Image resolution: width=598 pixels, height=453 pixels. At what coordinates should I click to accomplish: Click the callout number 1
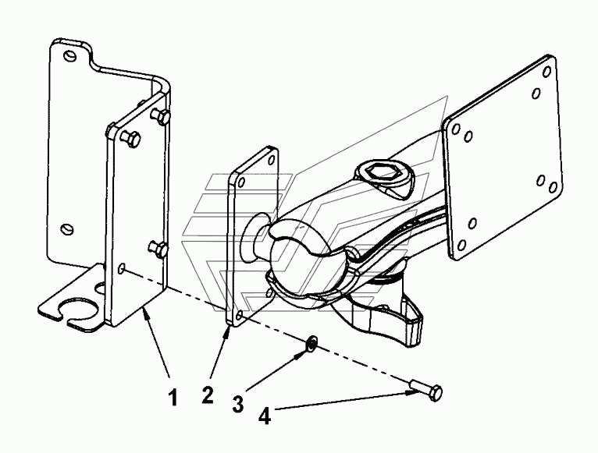(173, 398)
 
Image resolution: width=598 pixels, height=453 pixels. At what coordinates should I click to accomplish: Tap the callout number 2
(208, 395)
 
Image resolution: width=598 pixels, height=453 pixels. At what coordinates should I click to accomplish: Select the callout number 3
(238, 404)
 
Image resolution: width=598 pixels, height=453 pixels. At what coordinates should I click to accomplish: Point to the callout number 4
(265, 416)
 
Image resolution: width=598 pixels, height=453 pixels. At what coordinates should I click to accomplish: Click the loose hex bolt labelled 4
(427, 389)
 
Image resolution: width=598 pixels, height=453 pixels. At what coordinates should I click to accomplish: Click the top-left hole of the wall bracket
(69, 55)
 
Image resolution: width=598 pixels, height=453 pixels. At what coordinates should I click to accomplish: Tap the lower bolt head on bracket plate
(158, 249)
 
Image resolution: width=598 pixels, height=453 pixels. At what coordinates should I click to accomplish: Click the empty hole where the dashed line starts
(122, 268)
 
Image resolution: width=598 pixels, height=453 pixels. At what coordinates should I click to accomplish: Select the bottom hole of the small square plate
(239, 315)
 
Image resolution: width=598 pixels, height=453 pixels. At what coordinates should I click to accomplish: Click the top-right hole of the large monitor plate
(546, 72)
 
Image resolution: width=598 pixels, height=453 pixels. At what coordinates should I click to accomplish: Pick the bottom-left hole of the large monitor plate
(462, 245)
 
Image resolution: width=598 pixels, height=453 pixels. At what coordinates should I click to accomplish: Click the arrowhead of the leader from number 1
(145, 312)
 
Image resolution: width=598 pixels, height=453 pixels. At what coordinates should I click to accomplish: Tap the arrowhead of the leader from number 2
(228, 330)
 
